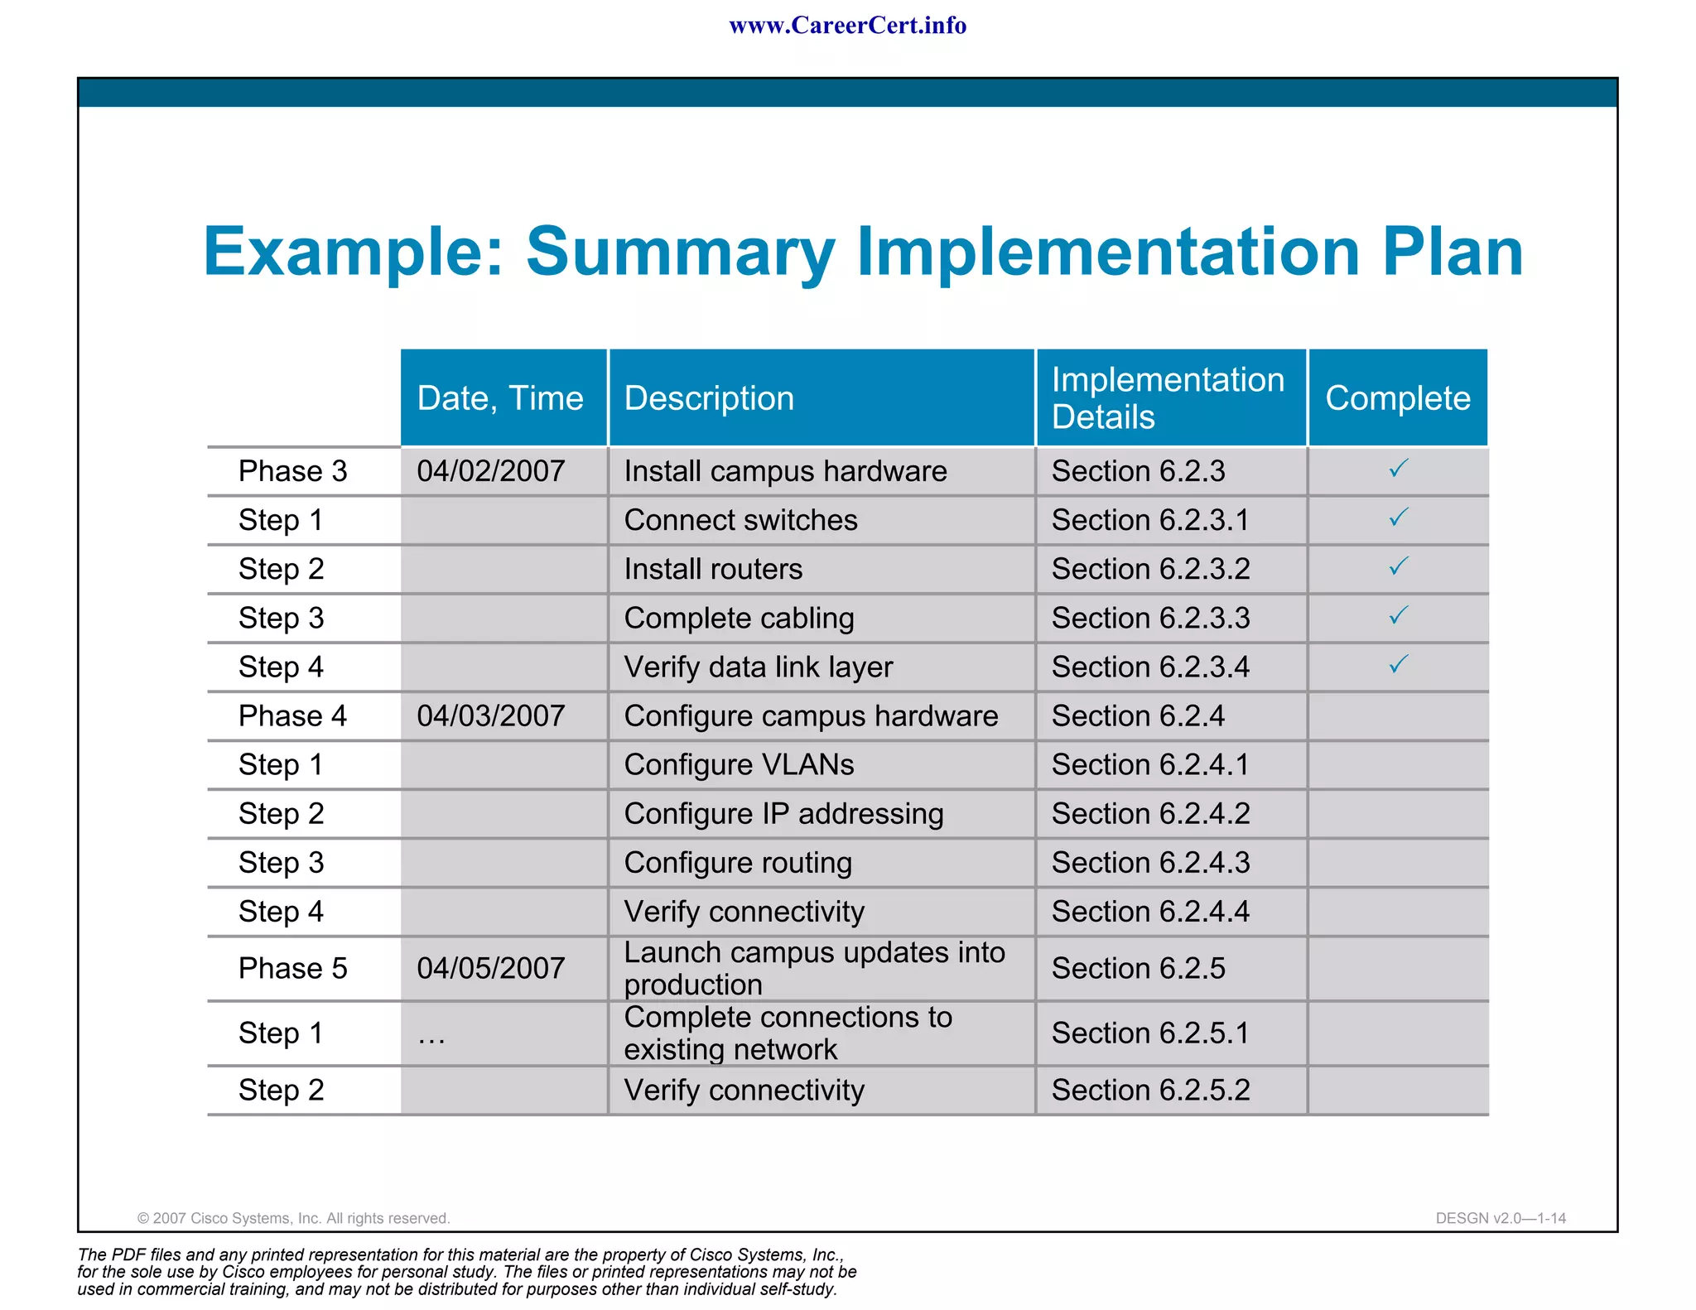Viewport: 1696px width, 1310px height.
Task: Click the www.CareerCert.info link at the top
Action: point(847,26)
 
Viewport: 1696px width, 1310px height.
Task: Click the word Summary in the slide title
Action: point(680,252)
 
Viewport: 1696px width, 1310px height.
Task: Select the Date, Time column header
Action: point(500,398)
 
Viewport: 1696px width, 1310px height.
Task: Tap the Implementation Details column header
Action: point(1168,398)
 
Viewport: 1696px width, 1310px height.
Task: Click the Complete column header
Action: point(1398,398)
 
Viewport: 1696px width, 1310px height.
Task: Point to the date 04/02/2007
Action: point(491,471)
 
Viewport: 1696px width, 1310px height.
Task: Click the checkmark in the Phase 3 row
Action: point(1398,469)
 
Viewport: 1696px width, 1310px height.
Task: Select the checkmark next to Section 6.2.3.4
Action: point(1398,664)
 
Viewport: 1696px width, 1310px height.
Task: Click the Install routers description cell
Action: point(713,569)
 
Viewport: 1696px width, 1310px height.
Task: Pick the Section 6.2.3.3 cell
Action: point(1150,618)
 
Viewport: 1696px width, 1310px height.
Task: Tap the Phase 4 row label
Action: point(292,715)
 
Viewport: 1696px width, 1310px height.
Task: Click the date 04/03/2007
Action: point(491,715)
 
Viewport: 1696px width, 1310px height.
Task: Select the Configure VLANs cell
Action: point(739,764)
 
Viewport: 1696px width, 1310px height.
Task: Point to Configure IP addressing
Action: point(783,813)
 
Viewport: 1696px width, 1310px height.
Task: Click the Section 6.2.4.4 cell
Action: point(1150,911)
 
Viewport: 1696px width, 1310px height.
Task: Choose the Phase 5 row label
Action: point(292,968)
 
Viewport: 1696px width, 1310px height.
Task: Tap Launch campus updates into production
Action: point(814,968)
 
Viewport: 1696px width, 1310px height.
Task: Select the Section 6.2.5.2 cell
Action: point(1150,1090)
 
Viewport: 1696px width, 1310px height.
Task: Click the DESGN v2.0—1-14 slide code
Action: point(1500,1218)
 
